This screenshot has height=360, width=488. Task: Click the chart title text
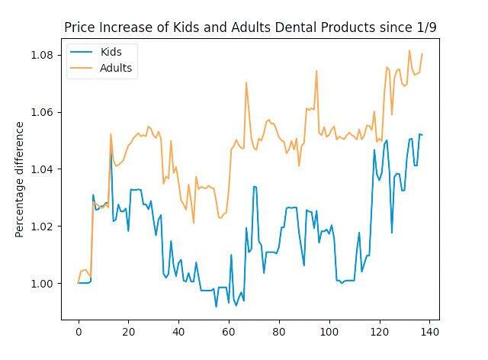[x=250, y=27]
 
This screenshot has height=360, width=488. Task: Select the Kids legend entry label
[x=111, y=52]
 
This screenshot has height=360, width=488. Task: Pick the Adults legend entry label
[x=116, y=68]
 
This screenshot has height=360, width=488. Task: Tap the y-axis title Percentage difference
[x=20, y=178]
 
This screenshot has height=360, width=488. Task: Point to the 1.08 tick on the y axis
[x=41, y=55]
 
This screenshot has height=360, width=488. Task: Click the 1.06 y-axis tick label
[x=41, y=112]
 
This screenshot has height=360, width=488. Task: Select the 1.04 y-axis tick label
[x=41, y=169]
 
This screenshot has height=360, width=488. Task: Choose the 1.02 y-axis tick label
[x=41, y=227]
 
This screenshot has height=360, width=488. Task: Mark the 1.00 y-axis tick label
[x=41, y=284]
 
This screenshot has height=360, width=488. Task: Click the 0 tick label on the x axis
[x=79, y=333]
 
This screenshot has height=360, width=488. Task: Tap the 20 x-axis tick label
[x=128, y=333]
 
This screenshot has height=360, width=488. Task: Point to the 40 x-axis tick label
[x=178, y=333]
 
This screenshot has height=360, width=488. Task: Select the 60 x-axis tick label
[x=229, y=333]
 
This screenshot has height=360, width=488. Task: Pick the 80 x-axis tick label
[x=279, y=333]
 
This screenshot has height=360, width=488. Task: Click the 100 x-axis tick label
[x=329, y=333]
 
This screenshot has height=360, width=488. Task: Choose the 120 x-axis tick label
[x=379, y=333]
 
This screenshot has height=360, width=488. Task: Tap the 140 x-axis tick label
[x=429, y=333]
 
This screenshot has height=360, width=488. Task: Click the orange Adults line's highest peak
[x=409, y=51]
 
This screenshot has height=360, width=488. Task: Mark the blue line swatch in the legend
[x=82, y=52]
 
